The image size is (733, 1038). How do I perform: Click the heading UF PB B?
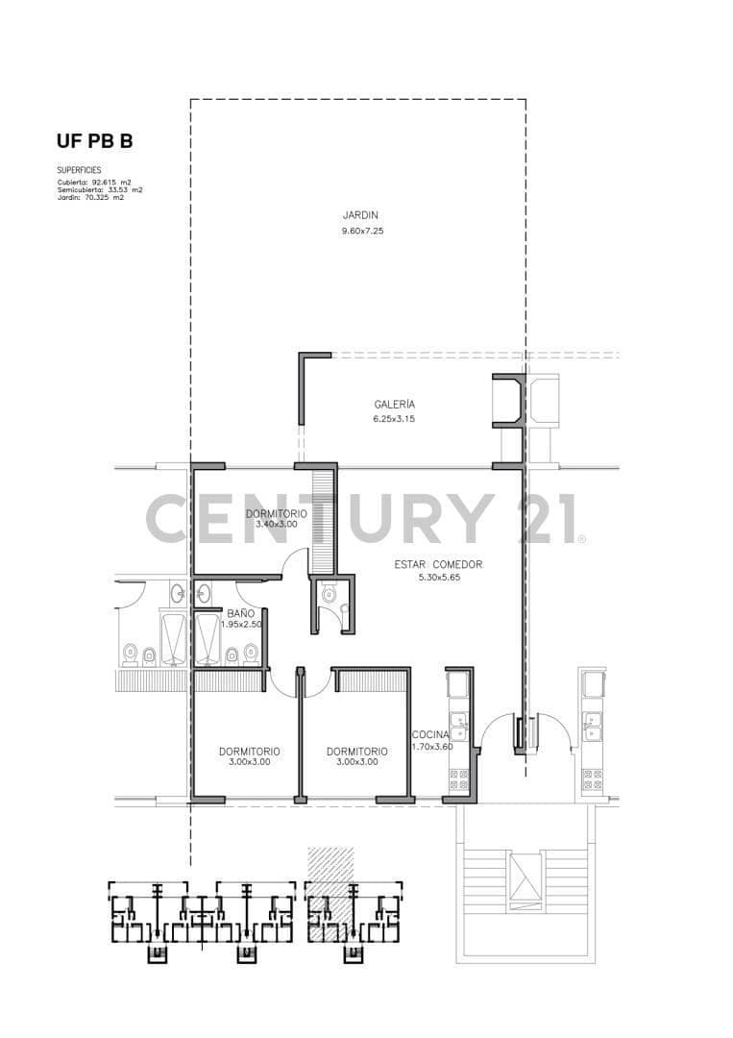click(94, 141)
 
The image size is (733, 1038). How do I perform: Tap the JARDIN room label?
click(360, 215)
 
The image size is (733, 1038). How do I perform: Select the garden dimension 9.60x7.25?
click(362, 231)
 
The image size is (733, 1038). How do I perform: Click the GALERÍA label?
click(394, 404)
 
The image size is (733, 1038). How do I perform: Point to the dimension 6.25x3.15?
click(394, 419)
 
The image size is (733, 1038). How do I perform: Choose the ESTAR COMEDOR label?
click(438, 565)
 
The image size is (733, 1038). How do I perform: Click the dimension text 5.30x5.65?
click(439, 578)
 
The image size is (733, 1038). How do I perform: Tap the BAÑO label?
click(241, 613)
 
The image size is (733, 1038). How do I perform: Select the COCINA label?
click(430, 735)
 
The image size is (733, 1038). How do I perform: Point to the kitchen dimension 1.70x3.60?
click(432, 747)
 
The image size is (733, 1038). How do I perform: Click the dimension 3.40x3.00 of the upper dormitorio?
click(277, 524)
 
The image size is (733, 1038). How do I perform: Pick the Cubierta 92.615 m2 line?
click(94, 182)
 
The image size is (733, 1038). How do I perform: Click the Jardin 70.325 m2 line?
click(90, 197)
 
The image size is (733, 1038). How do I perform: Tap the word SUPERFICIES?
click(79, 170)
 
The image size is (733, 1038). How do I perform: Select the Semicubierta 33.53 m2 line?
click(100, 190)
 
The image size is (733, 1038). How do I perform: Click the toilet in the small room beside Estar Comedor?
click(329, 595)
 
